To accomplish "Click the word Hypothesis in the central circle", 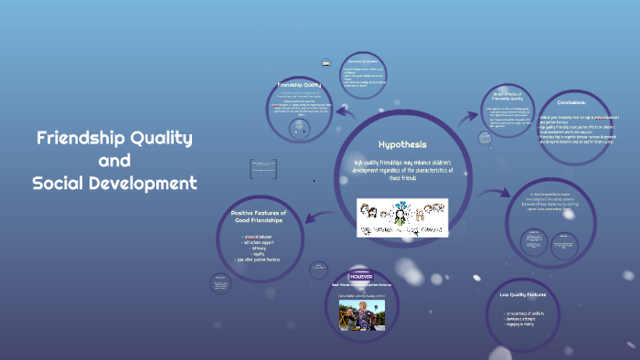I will pyautogui.click(x=402, y=144).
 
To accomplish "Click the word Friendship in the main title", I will pyautogui.click(x=80, y=139).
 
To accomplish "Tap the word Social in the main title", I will pyautogui.click(x=60, y=183).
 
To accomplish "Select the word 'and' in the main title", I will pyautogui.click(x=115, y=161).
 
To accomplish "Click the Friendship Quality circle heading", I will pyautogui.click(x=298, y=86).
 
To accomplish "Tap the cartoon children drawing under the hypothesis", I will pyautogui.click(x=402, y=217).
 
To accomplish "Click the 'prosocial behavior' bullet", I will pyautogui.click(x=265, y=238).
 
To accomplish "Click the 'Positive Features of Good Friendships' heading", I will pyautogui.click(x=265, y=217).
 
